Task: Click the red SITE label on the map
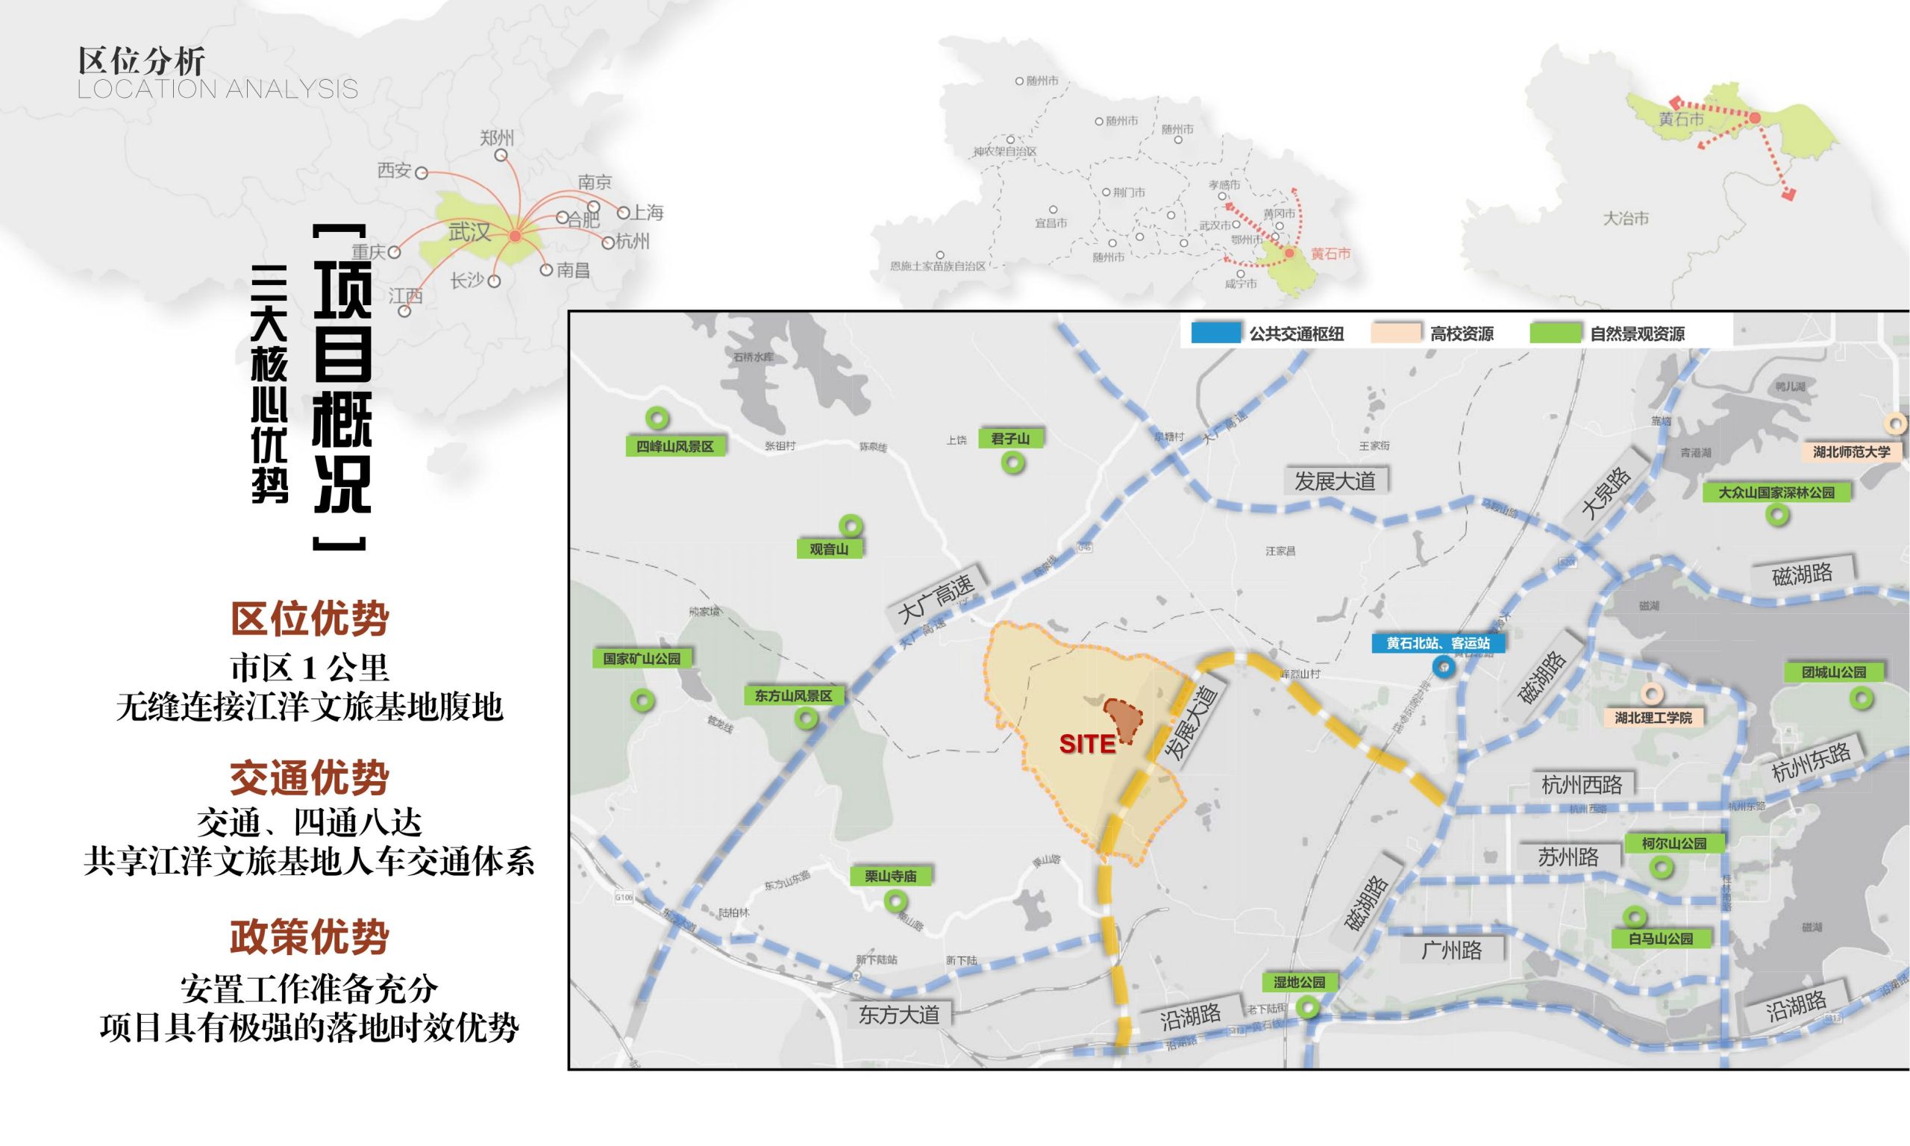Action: click(1087, 744)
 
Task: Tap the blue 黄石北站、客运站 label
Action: click(1438, 643)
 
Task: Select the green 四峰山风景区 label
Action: click(674, 446)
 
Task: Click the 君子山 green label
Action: click(1011, 439)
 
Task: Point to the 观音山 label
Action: click(829, 549)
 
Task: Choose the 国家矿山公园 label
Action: click(642, 659)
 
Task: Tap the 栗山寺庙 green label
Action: click(890, 877)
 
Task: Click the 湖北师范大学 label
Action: click(1851, 451)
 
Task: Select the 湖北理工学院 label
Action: click(1653, 718)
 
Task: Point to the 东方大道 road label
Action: click(898, 1014)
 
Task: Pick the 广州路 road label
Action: click(1451, 950)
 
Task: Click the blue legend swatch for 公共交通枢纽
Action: click(1216, 333)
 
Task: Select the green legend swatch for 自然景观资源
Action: click(1555, 333)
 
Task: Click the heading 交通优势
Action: click(310, 777)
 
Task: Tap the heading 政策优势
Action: click(310, 937)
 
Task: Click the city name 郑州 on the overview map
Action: click(496, 137)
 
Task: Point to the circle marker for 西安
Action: click(422, 173)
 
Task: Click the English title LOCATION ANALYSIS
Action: click(218, 90)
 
